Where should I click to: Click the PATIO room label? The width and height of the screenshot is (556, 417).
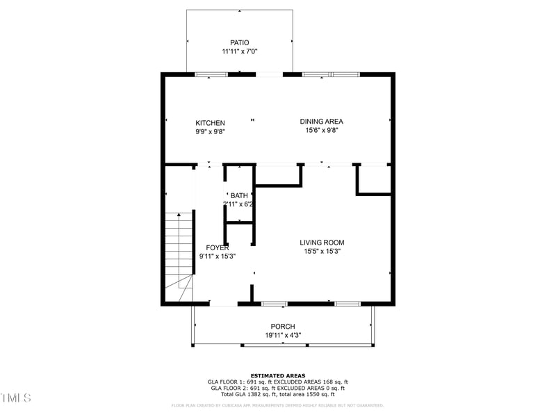click(239, 42)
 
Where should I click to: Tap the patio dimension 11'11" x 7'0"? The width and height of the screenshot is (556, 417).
click(239, 52)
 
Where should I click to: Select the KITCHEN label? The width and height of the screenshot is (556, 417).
click(210, 123)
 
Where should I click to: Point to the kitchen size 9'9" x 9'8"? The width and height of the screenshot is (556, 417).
click(210, 131)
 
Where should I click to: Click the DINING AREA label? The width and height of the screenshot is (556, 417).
click(321, 121)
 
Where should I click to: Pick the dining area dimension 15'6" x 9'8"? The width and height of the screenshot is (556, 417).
click(321, 130)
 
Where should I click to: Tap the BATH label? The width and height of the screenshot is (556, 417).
click(239, 195)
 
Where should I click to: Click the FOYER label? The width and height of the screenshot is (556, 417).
click(218, 247)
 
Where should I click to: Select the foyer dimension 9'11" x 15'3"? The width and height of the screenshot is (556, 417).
click(218, 256)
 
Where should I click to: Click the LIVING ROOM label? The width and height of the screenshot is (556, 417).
click(322, 243)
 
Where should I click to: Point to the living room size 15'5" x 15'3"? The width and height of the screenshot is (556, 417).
click(322, 251)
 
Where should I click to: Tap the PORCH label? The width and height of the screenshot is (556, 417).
click(283, 327)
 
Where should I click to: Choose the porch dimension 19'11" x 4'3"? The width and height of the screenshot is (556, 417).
click(283, 335)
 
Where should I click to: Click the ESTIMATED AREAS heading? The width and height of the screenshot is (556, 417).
click(277, 375)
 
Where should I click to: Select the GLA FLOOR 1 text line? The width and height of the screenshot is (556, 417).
click(277, 382)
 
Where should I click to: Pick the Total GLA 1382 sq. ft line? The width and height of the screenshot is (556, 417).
click(277, 394)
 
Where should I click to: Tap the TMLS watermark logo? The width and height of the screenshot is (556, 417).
click(16, 398)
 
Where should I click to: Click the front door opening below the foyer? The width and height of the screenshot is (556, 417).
click(224, 304)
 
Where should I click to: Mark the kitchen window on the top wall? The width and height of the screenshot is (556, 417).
click(211, 74)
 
